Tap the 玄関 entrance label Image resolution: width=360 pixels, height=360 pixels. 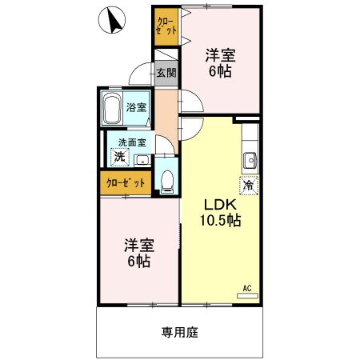[x=166, y=73]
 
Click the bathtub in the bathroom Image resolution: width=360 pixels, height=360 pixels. [x=111, y=108]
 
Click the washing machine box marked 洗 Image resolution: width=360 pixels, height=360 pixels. [x=119, y=157]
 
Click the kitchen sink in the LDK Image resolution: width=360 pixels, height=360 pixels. [x=249, y=157]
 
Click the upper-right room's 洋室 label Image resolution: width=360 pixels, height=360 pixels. [x=220, y=55]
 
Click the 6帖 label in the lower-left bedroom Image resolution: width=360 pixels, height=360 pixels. [x=137, y=261]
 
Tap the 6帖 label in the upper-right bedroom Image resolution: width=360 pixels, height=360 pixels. [x=221, y=71]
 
